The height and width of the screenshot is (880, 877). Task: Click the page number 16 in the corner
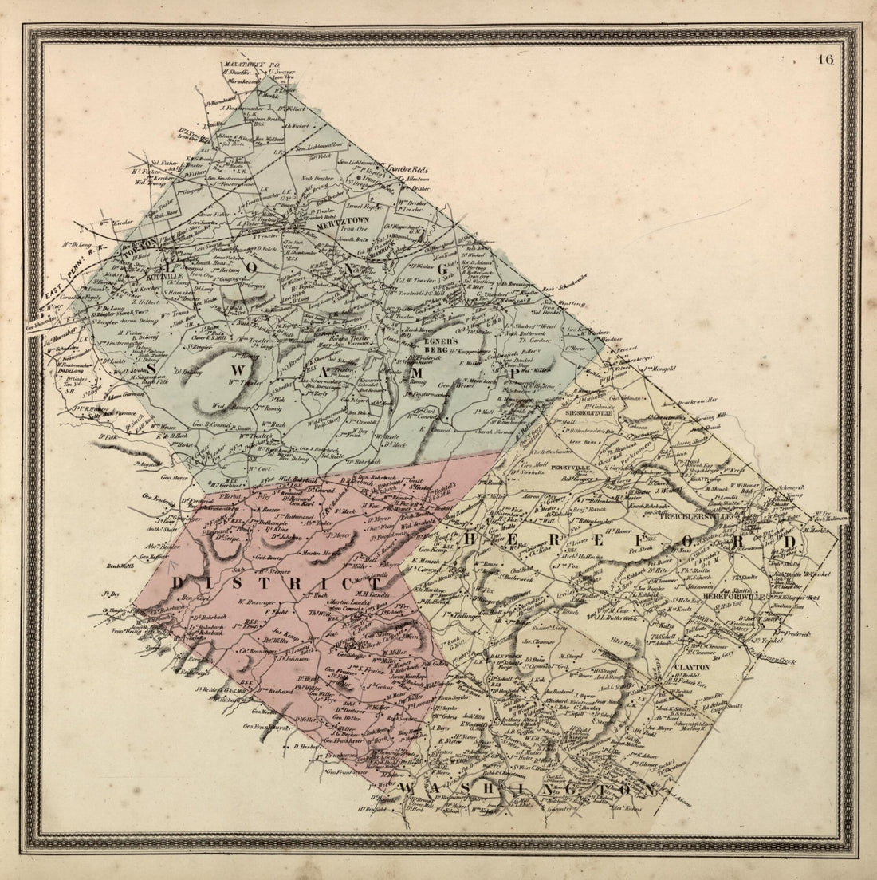tap(825, 60)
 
